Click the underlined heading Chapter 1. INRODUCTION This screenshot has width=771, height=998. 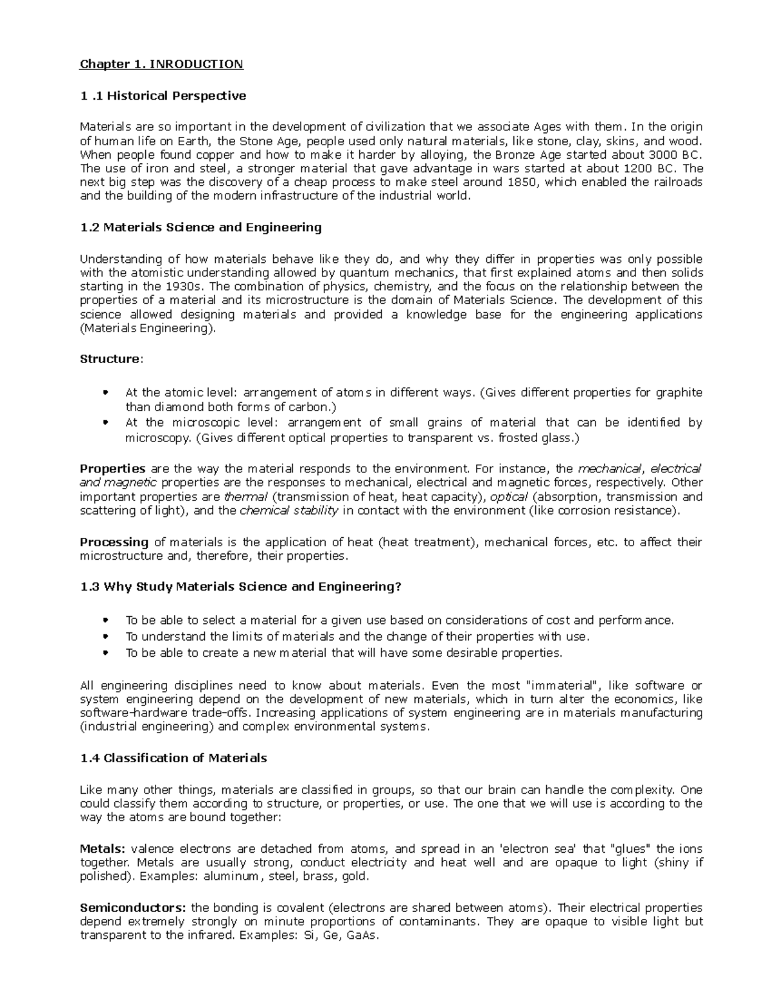[x=161, y=64]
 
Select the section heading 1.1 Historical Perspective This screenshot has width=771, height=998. [x=163, y=96]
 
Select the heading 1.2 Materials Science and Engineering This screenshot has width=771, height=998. [x=200, y=227]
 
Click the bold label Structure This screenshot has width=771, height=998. [x=109, y=359]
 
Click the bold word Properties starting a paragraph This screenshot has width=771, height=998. [x=112, y=468]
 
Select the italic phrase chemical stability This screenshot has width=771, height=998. [x=288, y=511]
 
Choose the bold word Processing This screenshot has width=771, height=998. [x=114, y=542]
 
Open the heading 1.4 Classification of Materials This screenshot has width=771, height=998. [x=173, y=758]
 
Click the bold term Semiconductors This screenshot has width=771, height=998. [x=132, y=908]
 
